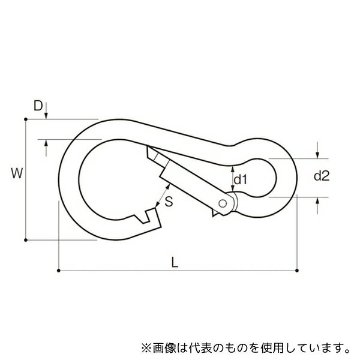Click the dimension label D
[38, 106]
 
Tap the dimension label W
[17, 173]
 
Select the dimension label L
[175, 262]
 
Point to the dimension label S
[169, 202]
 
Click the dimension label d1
[240, 179]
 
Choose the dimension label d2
[322, 176]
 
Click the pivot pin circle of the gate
[223, 203]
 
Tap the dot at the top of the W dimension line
[26, 119]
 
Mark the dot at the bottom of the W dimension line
[26, 240]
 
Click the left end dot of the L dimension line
[59, 271]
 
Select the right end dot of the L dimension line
[297, 271]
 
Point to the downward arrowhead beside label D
[46, 116]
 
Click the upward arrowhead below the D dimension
[46, 143]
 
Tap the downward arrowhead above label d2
[317, 155]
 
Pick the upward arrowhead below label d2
[317, 200]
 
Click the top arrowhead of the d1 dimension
[233, 169]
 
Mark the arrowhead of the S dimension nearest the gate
[168, 187]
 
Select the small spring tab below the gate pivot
[215, 213]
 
